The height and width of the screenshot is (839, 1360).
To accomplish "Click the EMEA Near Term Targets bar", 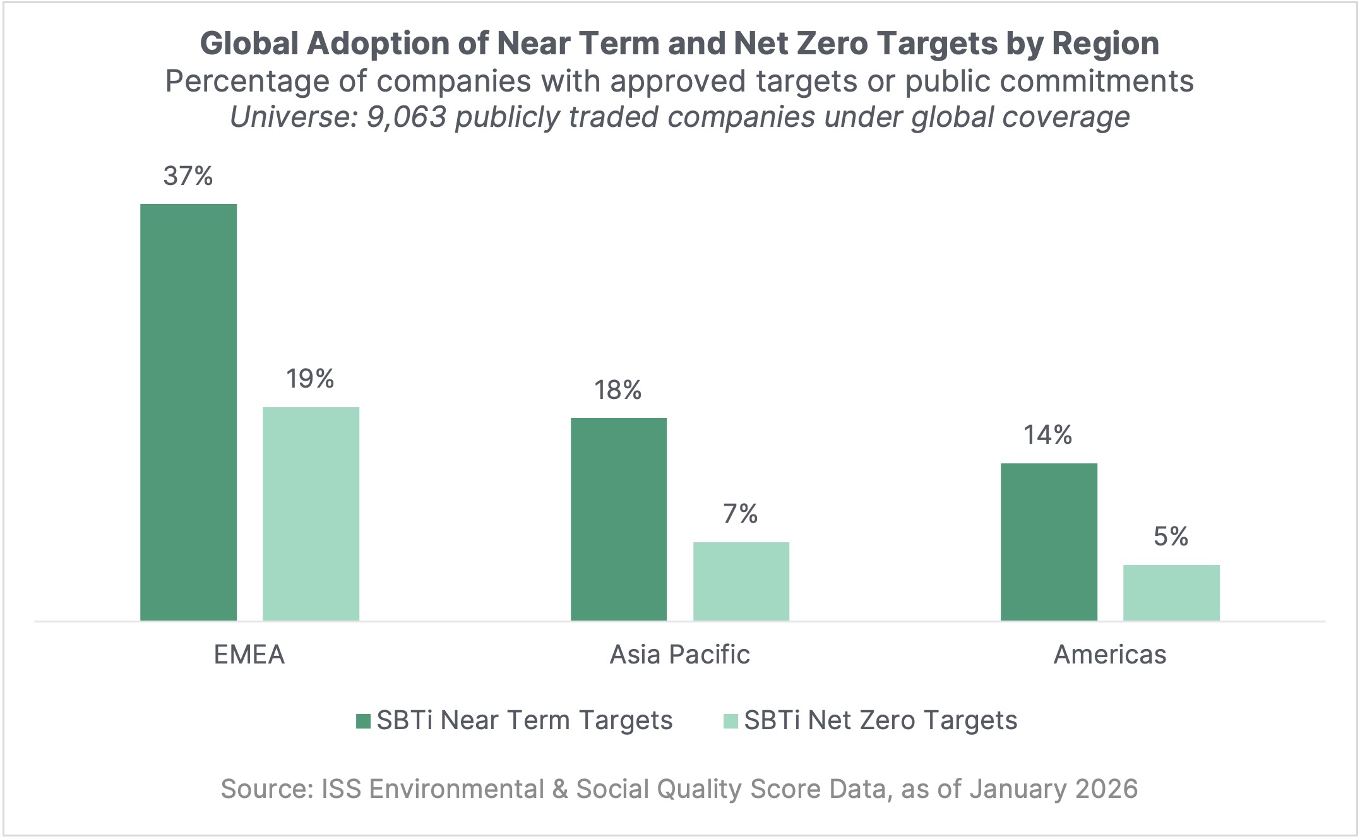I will pos(188,412).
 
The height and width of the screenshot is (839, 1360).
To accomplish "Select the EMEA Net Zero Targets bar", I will pos(311,514).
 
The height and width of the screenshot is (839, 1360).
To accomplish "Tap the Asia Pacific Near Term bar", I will pos(618,519).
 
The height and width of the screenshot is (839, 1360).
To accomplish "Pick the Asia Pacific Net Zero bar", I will pos(741,581).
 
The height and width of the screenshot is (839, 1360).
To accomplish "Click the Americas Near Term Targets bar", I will pos(1049,542).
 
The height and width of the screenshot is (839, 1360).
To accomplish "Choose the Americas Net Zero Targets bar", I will pos(1171,593).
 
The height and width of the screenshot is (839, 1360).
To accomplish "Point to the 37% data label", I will pos(188,176).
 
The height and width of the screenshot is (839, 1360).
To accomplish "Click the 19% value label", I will pos(310,379).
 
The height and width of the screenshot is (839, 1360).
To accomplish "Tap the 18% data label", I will pos(617,390).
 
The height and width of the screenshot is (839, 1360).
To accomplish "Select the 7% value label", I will pos(741,514).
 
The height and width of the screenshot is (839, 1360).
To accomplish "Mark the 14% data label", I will pos(1048,435).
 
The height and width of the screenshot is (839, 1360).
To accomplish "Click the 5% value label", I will pos(1171,537).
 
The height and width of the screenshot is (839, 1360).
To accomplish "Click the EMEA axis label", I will pos(249,655).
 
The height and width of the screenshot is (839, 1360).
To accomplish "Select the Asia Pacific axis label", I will pos(679,655).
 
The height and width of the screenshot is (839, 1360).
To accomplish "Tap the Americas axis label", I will pos(1110,655).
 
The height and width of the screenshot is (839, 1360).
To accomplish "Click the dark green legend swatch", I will pos(363,721).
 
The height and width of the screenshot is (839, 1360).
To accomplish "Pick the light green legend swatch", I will pos(731,721).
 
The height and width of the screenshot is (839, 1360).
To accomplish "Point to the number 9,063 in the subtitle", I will pos(407,117).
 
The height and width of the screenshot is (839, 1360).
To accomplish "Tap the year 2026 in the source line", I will pos(1106,789).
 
